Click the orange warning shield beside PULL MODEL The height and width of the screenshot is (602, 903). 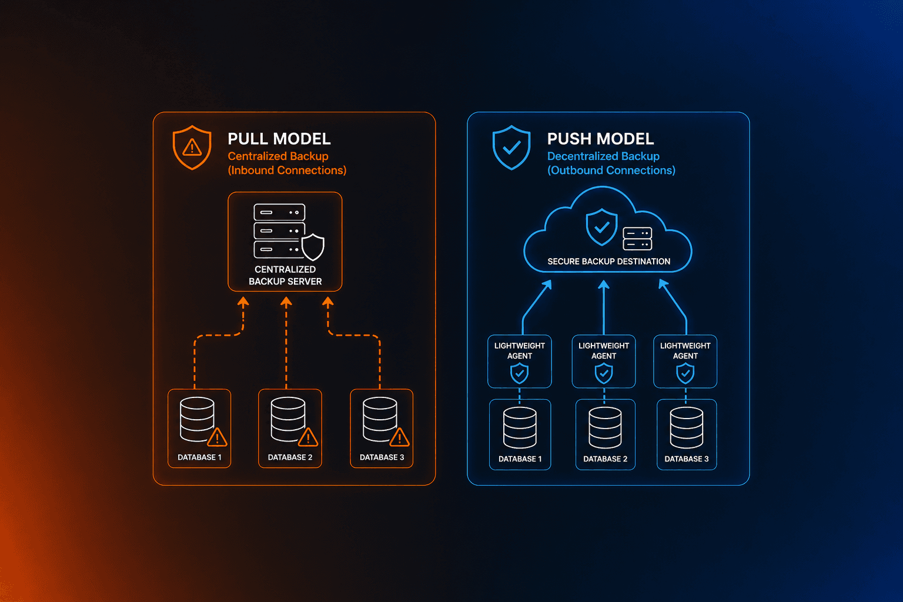pos(192,147)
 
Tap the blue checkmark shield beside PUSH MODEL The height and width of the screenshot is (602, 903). pos(511,147)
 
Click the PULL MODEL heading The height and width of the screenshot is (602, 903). pos(279,139)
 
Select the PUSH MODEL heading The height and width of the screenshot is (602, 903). pos(600,139)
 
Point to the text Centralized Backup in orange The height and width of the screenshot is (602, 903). pos(278,156)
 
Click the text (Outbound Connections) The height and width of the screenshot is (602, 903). pos(611,170)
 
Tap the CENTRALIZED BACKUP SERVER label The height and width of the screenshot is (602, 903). pos(285,275)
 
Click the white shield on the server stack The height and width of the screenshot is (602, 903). pos(313,247)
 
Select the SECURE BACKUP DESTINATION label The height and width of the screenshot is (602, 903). pos(608,262)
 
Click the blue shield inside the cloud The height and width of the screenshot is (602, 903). pos(601,227)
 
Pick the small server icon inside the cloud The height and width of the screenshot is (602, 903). pos(637,239)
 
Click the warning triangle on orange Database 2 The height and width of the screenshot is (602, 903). pos(308,437)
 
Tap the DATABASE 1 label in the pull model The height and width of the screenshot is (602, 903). pos(199,457)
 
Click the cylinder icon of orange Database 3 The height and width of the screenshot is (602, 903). pos(380,419)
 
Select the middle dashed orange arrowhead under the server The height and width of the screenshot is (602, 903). pos(286,302)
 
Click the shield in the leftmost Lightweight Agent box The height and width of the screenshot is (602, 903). pos(519,373)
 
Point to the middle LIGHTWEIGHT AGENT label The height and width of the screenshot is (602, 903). pos(604,350)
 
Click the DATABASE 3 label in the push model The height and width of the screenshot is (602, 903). pos(686,459)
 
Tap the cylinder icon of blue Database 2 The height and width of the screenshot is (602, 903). pos(605,427)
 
